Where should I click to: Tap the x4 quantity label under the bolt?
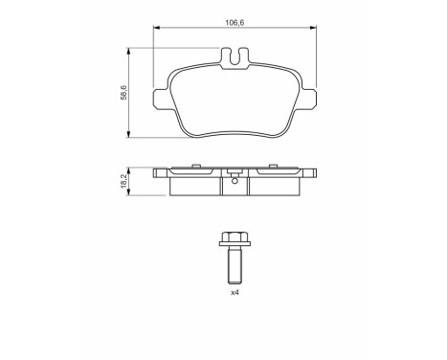click(x=234, y=293)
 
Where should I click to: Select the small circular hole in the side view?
click(x=235, y=180)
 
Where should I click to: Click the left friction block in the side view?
click(x=195, y=186)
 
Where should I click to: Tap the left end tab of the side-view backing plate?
click(x=159, y=174)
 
